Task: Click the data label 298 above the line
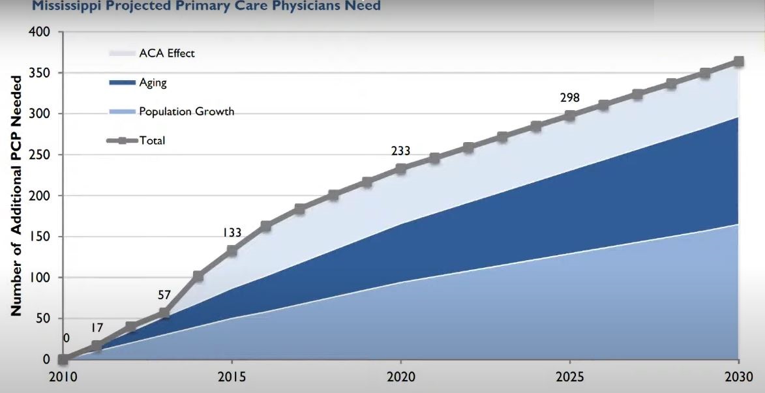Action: coord(569,98)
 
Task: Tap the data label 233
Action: coord(400,151)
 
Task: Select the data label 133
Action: coord(232,232)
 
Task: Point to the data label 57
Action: coord(164,295)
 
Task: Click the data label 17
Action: coord(97,328)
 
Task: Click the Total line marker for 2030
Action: coord(738,61)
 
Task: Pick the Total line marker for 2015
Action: coord(232,250)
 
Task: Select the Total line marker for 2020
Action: coord(400,169)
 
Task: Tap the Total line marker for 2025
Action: coord(569,115)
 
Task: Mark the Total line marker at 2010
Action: coord(63,359)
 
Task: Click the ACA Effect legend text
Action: coord(167,53)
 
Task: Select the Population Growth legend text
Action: coord(187,111)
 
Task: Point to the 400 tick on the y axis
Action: coord(41,32)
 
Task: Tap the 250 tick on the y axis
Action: coord(41,154)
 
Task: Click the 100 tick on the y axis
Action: coord(41,278)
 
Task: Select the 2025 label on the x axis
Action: coord(569,377)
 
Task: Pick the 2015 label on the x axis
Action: coord(232,377)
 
